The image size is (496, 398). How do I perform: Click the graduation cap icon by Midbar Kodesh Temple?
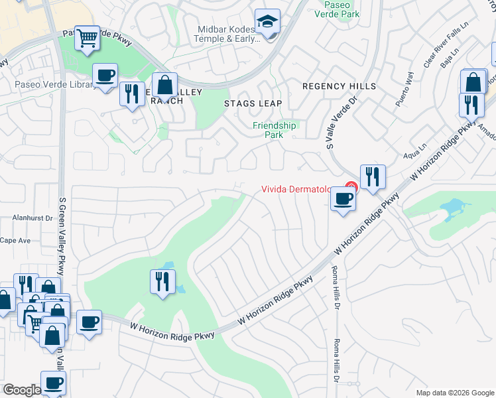pyautogui.click(x=268, y=23)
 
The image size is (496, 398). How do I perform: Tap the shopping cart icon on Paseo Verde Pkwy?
pyautogui.click(x=87, y=38)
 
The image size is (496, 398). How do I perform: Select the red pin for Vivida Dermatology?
pyautogui.click(x=351, y=188)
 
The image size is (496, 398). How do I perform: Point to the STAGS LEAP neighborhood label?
pyautogui.click(x=253, y=103)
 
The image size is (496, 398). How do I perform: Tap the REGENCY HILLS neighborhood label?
pyautogui.click(x=339, y=86)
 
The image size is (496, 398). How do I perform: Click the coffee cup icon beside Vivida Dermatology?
pyautogui.click(x=342, y=199)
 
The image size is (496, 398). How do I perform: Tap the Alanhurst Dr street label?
pyautogui.click(x=32, y=218)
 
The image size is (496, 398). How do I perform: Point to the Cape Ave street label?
pyautogui.click(x=15, y=240)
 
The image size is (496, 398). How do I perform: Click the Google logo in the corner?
pyautogui.click(x=22, y=389)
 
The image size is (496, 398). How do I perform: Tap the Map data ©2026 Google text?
pyautogui.click(x=454, y=393)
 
